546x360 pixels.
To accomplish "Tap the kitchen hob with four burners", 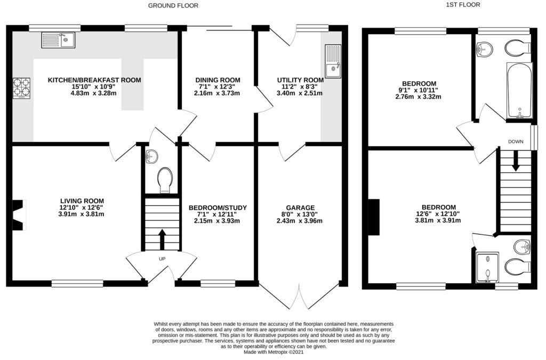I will point(21,89).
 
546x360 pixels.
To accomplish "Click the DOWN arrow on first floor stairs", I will point(516,161).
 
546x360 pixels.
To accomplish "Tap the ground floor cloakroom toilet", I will point(165,179).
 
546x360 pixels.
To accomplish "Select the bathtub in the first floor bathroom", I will point(519,91).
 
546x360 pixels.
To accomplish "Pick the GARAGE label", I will point(300,207).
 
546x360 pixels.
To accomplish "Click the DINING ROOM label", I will point(216,80).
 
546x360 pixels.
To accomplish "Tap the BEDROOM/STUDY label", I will point(218,207).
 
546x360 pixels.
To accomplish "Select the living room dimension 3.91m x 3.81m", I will point(89,214).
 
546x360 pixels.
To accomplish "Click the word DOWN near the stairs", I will point(516,141).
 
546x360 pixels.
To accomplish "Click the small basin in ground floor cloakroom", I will point(151,156).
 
